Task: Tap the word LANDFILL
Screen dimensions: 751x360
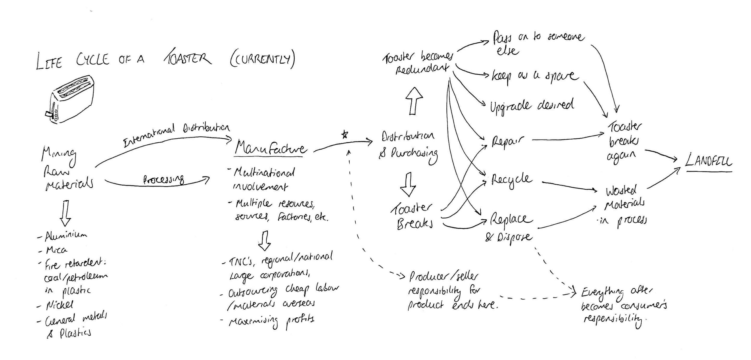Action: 708,162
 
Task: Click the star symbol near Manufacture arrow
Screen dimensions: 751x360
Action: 345,135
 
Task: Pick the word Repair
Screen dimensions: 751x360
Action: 508,141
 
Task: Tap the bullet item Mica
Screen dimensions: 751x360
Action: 56,250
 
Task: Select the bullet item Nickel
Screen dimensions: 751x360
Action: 59,305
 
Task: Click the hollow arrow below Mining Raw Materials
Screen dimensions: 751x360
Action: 65,213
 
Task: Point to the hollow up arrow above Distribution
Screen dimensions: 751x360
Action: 414,101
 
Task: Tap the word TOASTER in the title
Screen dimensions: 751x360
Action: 188,58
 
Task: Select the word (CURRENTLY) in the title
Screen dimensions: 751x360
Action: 262,59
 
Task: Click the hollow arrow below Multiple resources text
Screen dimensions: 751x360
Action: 264,241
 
